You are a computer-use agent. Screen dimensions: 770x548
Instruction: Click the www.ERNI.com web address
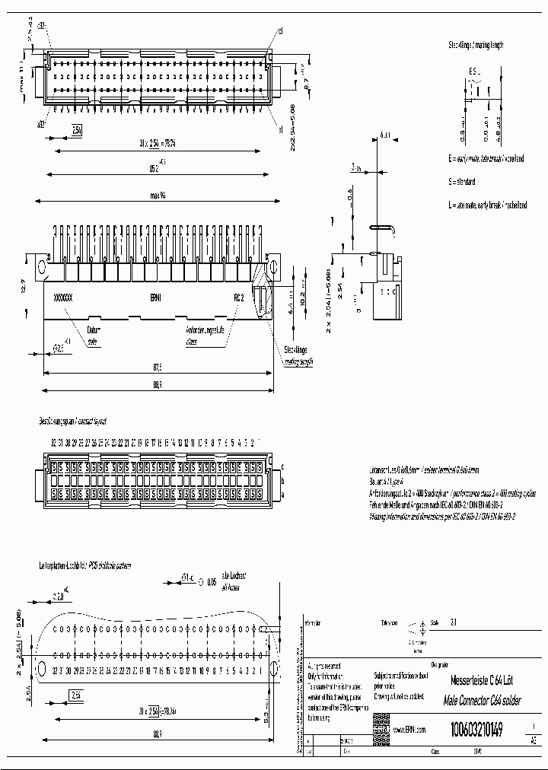click(x=409, y=729)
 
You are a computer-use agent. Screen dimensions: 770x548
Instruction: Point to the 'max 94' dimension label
click(x=158, y=196)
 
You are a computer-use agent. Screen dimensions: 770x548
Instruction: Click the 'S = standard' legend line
click(x=463, y=183)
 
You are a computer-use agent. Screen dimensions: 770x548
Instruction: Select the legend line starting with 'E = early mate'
click(x=486, y=159)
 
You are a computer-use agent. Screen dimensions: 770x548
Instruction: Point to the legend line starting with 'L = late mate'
click(x=488, y=205)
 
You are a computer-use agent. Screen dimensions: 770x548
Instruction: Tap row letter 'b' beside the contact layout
click(x=282, y=480)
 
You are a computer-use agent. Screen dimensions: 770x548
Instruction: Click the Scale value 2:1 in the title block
click(x=454, y=622)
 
